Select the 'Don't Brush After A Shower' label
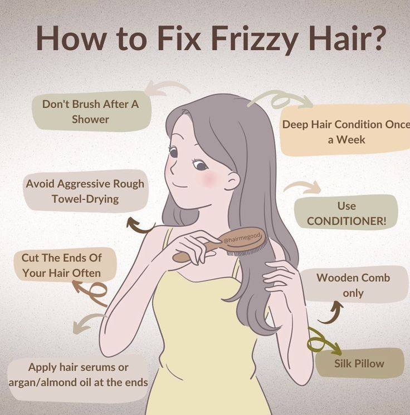coord(90,111)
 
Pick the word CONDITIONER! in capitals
coord(346,221)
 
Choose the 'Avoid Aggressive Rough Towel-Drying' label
coord(85,191)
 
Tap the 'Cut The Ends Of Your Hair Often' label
coord(62,265)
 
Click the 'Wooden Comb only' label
coord(353,285)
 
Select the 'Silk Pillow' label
coord(359,363)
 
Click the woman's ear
coord(232,181)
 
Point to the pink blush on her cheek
coord(208,178)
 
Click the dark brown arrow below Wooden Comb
coord(332,315)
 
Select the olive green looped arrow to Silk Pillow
coord(322,342)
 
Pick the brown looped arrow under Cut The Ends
coord(93,293)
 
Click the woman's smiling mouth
coord(180,186)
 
